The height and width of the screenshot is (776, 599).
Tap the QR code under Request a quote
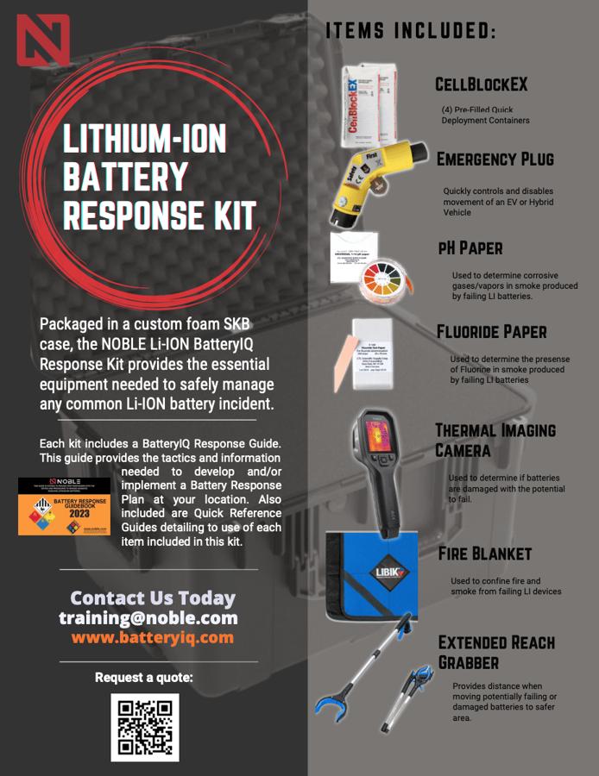(144, 727)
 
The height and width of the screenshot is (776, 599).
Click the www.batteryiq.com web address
(152, 637)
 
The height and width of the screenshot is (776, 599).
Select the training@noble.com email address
(148, 618)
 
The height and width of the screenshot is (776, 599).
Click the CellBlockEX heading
(481, 84)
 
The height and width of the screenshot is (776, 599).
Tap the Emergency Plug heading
(495, 159)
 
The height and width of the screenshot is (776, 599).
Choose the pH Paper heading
(470, 247)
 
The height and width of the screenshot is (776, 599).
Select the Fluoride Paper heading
(491, 331)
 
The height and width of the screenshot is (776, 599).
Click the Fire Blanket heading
(484, 553)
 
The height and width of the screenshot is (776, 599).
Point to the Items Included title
(410, 31)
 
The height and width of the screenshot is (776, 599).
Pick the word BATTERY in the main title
(126, 177)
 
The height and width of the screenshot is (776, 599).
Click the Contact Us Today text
(152, 598)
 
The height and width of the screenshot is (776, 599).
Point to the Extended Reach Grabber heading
(495, 652)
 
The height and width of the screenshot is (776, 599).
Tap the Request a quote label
(143, 677)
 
